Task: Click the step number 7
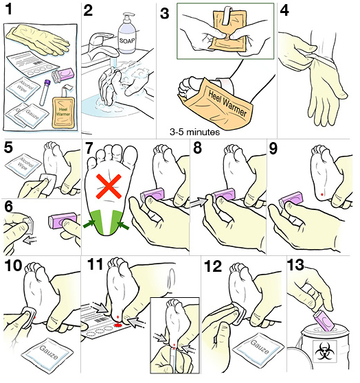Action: [x=87, y=149]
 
